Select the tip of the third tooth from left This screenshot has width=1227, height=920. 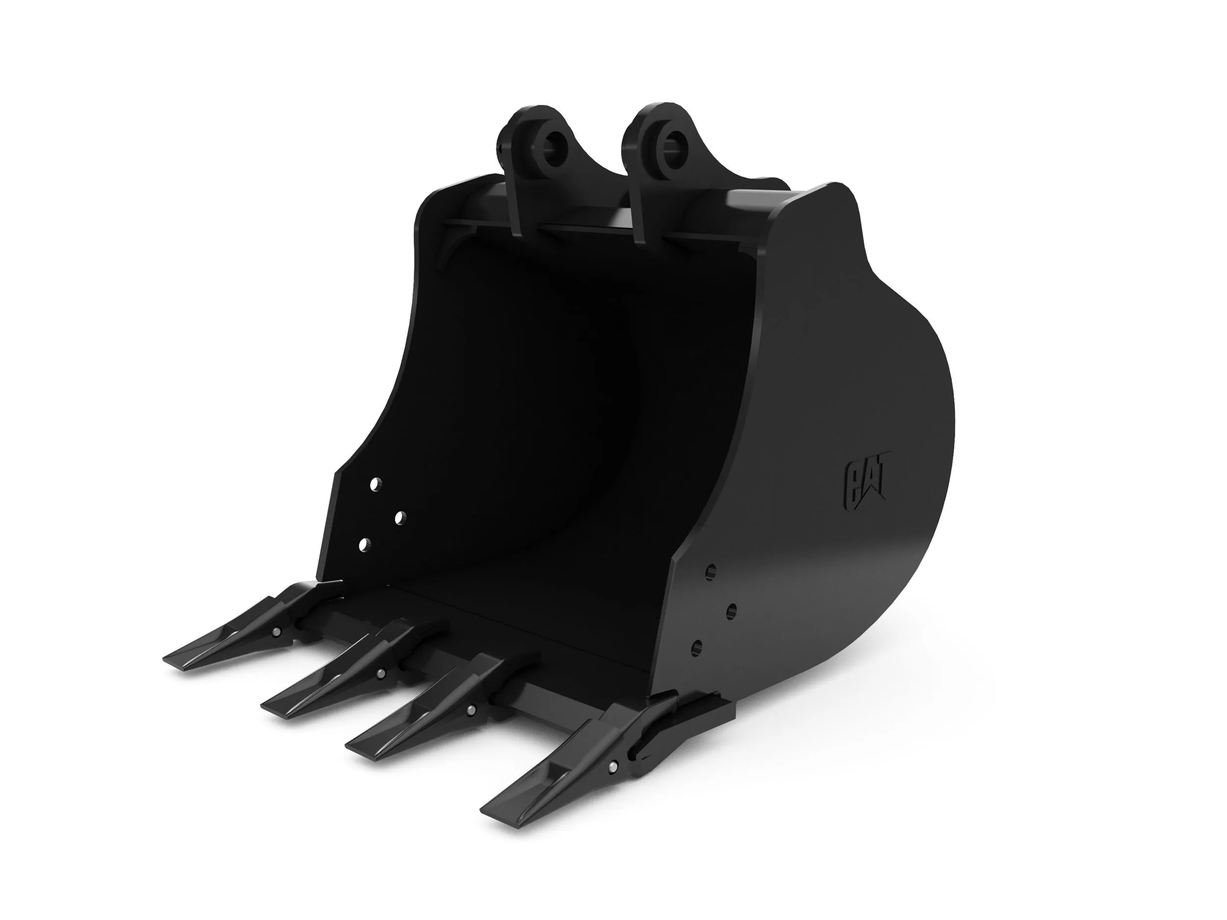click(352, 746)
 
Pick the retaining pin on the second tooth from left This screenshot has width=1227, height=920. click(380, 673)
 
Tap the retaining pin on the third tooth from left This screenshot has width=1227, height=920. click(471, 710)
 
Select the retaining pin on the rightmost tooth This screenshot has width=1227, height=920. click(613, 766)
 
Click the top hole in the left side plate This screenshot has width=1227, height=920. click(375, 484)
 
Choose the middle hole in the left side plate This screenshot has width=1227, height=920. click(400, 519)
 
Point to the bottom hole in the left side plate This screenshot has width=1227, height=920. click(364, 545)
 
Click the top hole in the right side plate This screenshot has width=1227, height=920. click(711, 571)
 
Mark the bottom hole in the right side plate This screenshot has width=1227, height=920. click(698, 647)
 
